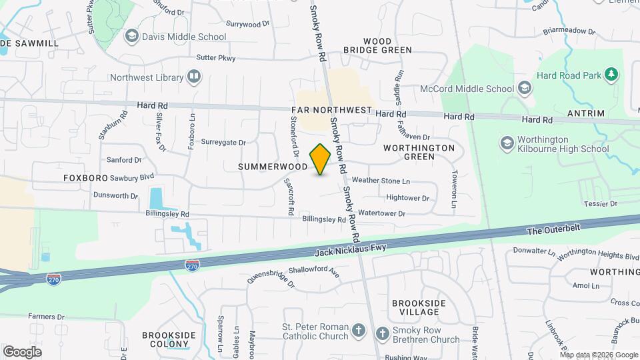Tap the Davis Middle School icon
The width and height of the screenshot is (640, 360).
[132, 36]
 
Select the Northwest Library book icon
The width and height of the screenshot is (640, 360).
[194, 77]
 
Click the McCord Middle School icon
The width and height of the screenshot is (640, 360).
[525, 88]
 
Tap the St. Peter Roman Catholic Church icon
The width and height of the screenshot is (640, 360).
[358, 331]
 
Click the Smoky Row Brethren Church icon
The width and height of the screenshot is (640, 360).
[383, 332]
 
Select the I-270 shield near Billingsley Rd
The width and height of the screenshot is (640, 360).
[192, 265]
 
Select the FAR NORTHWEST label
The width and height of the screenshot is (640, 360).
[331, 109]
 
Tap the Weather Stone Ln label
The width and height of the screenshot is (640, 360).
[381, 181]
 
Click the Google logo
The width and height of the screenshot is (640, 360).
[23, 351]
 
